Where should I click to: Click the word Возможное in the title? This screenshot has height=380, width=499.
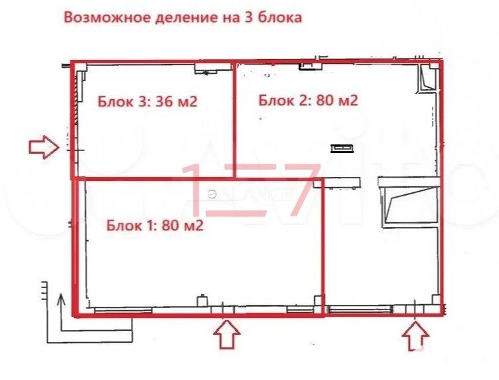tap(107, 17)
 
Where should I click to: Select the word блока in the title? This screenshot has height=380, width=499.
tap(280, 17)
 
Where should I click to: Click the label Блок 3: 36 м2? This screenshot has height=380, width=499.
tap(148, 101)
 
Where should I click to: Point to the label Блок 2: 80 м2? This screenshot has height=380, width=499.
tap(308, 100)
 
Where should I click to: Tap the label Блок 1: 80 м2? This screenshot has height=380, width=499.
tap(155, 226)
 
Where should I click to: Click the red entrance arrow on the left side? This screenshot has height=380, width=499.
tap(44, 147)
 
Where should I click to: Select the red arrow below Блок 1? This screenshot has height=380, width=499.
tap(227, 334)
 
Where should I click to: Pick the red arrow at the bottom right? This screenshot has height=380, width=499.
tap(415, 336)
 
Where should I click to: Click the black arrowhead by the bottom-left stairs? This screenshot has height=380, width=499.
tap(60, 299)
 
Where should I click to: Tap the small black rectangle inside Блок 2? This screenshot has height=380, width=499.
tap(342, 148)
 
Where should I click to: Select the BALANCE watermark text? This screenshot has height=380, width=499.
tap(250, 194)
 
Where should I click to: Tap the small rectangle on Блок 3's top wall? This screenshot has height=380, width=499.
tap(212, 69)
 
